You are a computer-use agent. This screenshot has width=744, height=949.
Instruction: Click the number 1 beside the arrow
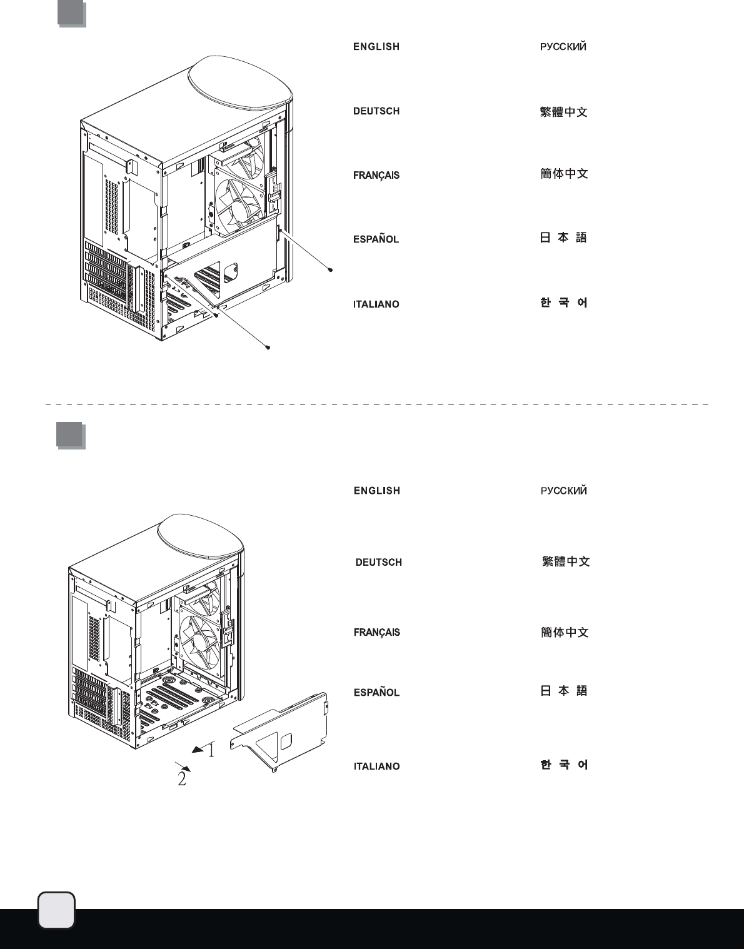point(211,750)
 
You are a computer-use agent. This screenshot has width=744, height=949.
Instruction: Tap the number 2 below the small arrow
point(182,780)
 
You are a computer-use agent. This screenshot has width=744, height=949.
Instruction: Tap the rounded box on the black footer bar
point(56,910)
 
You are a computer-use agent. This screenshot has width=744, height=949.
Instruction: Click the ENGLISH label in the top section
point(376,47)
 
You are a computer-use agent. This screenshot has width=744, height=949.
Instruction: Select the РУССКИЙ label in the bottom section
point(564,491)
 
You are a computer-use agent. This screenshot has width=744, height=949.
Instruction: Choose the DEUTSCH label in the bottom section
point(378,563)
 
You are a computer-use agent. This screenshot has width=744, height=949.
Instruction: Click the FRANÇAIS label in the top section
point(376,176)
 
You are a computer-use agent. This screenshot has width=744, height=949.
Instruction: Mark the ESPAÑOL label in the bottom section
point(376,693)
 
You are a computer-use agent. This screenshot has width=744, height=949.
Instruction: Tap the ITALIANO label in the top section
point(376,304)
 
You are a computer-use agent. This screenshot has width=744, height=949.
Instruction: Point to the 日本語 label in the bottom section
point(564,691)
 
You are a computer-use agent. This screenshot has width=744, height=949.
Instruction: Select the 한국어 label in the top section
point(564,303)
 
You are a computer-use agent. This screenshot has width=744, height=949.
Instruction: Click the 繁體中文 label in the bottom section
point(566,561)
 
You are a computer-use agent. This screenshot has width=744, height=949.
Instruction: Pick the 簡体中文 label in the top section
point(564,174)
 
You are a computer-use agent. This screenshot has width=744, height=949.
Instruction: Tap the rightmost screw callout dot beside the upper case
point(330,271)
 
